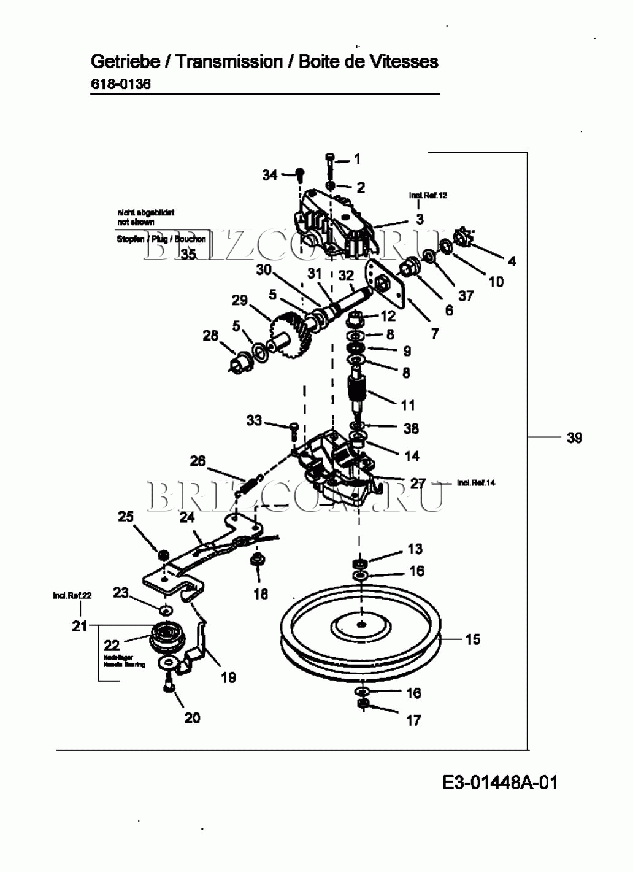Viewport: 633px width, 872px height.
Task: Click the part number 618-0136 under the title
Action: (121, 84)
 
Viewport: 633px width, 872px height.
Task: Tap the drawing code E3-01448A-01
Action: (500, 782)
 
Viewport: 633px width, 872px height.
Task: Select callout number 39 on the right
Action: (574, 438)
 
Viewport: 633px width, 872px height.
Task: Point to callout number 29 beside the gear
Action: (239, 300)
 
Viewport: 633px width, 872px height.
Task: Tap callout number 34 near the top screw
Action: (269, 175)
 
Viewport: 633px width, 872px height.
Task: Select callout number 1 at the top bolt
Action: (358, 159)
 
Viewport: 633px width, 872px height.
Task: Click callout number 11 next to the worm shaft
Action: (408, 405)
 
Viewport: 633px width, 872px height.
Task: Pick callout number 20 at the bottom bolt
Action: (192, 717)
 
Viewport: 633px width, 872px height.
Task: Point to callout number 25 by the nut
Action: (126, 517)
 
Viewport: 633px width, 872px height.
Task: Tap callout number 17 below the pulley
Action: (414, 720)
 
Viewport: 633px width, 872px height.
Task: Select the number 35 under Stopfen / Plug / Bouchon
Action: (188, 254)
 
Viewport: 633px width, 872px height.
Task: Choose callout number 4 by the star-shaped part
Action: (512, 261)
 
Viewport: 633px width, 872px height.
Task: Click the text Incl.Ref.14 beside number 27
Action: (476, 483)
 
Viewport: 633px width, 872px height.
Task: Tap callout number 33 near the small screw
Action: (254, 420)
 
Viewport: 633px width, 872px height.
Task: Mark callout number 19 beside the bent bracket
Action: (228, 677)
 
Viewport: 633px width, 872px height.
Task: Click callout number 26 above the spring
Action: (198, 461)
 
